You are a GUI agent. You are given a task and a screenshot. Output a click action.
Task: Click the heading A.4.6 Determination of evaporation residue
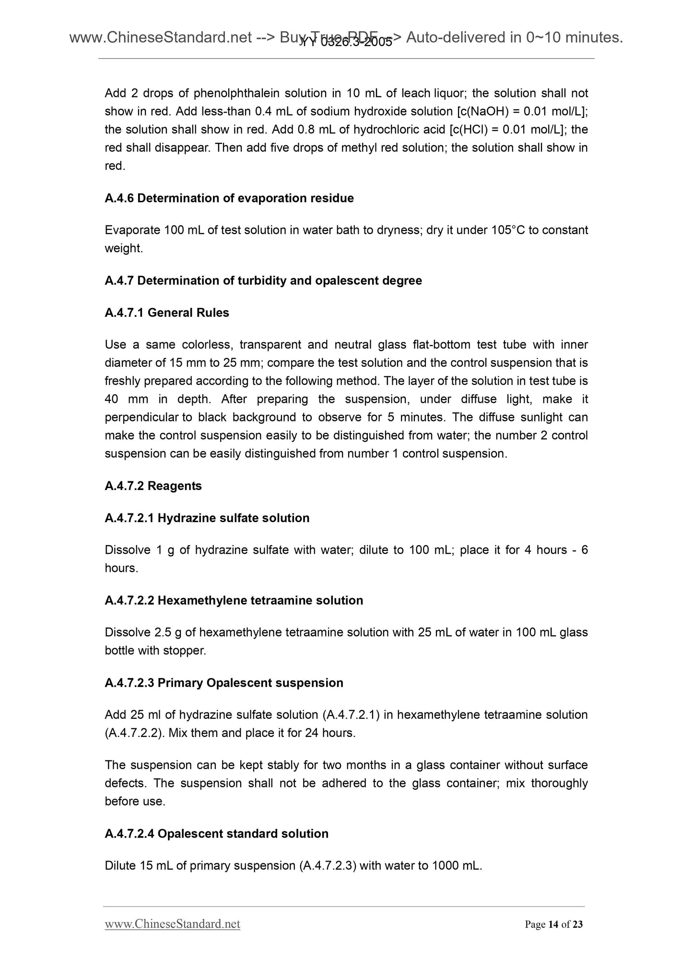(229, 198)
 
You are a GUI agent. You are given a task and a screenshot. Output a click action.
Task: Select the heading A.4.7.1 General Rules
(166, 313)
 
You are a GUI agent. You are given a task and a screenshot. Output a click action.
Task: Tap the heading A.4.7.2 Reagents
(153, 486)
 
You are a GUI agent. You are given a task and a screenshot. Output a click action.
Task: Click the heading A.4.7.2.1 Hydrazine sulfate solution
(207, 518)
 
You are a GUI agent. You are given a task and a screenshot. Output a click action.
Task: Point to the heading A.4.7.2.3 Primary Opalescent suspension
(223, 683)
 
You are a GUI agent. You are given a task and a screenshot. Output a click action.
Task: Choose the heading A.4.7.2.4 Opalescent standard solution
(216, 833)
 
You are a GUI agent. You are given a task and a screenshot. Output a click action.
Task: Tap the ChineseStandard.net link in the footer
(172, 924)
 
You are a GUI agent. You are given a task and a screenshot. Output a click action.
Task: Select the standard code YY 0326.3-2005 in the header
(346, 43)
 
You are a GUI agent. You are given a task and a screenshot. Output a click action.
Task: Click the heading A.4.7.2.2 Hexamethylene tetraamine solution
(234, 600)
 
